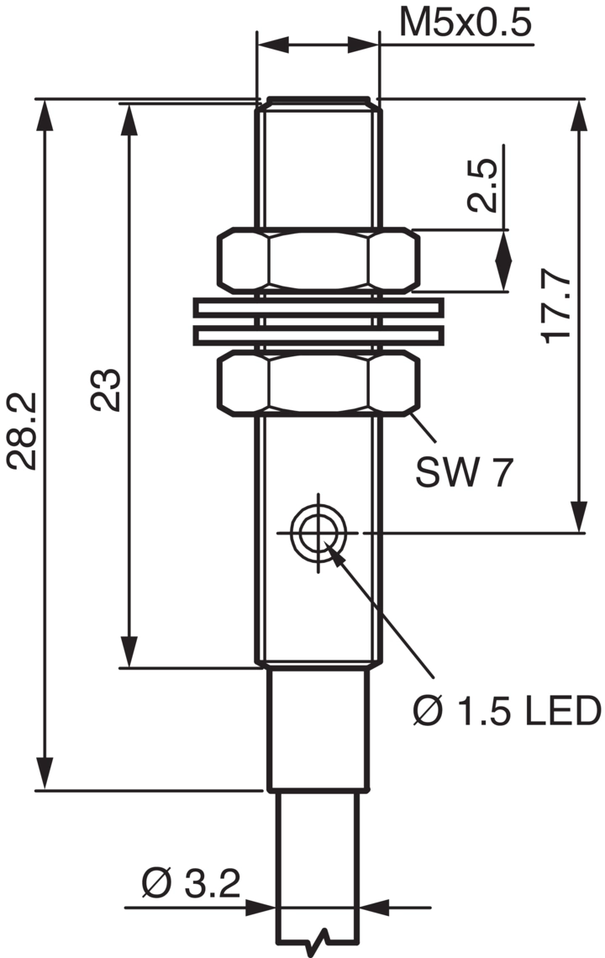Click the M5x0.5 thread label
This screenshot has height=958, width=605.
tap(465, 23)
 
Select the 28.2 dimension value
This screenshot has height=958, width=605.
tap(23, 431)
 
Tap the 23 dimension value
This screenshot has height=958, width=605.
tap(106, 390)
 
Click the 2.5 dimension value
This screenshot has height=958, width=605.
tap(483, 186)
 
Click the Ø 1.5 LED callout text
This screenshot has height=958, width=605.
tap(507, 711)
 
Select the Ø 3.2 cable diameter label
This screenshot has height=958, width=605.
tap(192, 883)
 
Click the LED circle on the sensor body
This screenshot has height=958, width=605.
tap(318, 532)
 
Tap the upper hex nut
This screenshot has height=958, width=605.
tap(318, 259)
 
